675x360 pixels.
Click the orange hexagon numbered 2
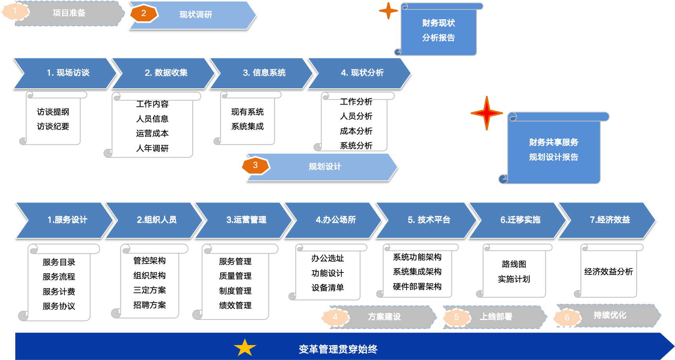[x=144, y=13]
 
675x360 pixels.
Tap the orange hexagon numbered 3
[x=255, y=165]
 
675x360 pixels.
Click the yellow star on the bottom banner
[x=245, y=348]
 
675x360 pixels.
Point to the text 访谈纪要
[x=53, y=126]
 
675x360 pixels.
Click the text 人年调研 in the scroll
[x=152, y=148]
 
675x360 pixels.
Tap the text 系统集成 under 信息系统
[x=247, y=126]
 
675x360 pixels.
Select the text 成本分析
[x=356, y=131]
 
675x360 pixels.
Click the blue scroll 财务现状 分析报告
[x=438, y=31]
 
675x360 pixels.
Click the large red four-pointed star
[x=487, y=113]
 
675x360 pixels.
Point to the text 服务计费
[x=59, y=292]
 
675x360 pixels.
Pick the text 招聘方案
[x=150, y=305]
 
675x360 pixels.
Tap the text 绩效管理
[x=235, y=305]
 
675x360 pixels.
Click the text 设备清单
[x=328, y=288]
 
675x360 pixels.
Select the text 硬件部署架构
[x=417, y=287]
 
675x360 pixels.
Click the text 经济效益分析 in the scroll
[x=608, y=272]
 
